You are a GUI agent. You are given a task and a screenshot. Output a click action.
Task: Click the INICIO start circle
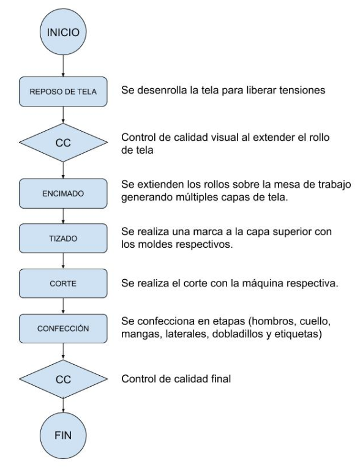[63, 32]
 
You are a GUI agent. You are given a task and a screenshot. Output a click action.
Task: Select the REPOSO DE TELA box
[63, 91]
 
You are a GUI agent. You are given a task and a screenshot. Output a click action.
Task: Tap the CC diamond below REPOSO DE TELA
[63, 143]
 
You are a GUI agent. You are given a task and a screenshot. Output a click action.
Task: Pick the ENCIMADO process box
[63, 193]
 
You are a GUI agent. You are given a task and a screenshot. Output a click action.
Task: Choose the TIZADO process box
[63, 238]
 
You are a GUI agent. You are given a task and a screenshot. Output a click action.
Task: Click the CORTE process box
[63, 283]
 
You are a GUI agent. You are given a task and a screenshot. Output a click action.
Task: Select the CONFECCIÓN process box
[63, 328]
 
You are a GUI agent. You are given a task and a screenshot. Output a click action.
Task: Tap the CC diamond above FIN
[63, 379]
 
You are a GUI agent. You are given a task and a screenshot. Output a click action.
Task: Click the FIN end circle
[63, 435]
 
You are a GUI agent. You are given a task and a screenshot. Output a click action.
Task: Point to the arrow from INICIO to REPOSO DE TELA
[63, 66]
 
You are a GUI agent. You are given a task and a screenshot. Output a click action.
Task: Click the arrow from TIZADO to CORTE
[63, 261]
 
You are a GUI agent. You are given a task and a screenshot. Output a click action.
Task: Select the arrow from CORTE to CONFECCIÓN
[63, 306]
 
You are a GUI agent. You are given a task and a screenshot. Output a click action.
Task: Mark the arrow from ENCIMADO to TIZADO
[63, 216]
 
